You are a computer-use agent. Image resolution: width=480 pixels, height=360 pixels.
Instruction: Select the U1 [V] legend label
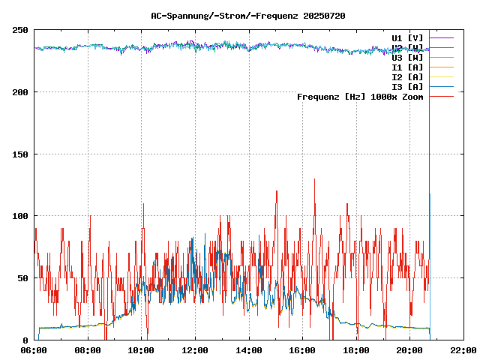tap(407, 37)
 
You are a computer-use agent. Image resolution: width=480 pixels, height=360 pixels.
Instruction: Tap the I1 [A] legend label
tap(407, 67)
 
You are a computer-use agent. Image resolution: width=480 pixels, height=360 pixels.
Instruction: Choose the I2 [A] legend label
tap(407, 76)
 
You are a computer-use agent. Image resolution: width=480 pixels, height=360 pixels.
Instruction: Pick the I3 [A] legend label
tap(407, 86)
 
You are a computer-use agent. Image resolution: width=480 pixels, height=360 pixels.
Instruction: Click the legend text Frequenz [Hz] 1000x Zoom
tap(360, 97)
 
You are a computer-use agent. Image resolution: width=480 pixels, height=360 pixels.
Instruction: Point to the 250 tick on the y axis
tap(20, 30)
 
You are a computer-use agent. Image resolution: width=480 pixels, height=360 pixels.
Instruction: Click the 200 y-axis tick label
tap(20, 92)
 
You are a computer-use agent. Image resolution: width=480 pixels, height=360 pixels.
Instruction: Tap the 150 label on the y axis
tap(20, 154)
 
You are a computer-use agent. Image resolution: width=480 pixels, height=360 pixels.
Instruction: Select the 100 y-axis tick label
tap(20, 216)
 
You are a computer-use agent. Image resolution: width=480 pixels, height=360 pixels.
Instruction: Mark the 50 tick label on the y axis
tap(22, 278)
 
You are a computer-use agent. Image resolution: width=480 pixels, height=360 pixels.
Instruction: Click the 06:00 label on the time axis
tap(34, 350)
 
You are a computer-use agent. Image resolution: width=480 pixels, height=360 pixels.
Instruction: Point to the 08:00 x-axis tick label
tap(88, 350)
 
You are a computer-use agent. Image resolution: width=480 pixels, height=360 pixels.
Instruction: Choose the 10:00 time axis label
tap(142, 350)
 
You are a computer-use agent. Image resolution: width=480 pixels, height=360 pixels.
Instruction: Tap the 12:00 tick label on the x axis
tap(196, 350)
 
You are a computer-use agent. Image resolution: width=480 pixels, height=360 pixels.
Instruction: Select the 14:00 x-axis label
tap(249, 350)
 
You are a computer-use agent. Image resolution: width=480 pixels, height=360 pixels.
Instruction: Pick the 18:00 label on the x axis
tap(356, 350)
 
